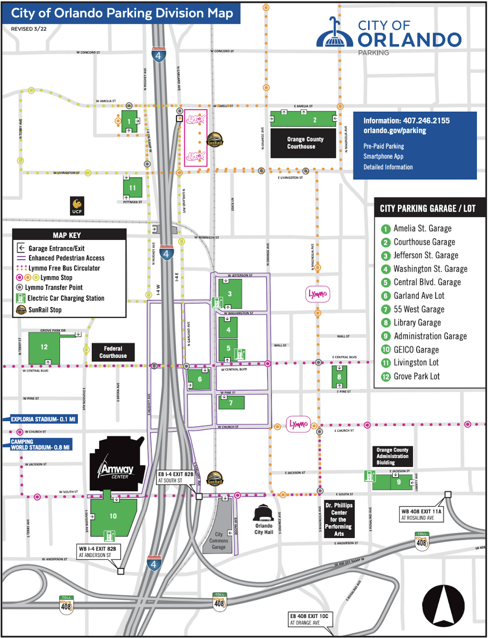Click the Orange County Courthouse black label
point(303,143)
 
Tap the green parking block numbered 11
point(133,188)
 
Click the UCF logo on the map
point(77,206)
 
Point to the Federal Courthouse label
point(113,352)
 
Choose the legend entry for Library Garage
point(417,323)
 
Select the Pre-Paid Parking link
point(384,146)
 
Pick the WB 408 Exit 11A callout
point(421,514)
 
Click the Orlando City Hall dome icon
point(263,513)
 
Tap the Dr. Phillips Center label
point(339,519)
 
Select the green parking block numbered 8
point(339,377)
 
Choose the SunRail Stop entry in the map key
point(44,310)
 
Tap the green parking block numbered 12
point(44,348)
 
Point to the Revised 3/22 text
point(29,29)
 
